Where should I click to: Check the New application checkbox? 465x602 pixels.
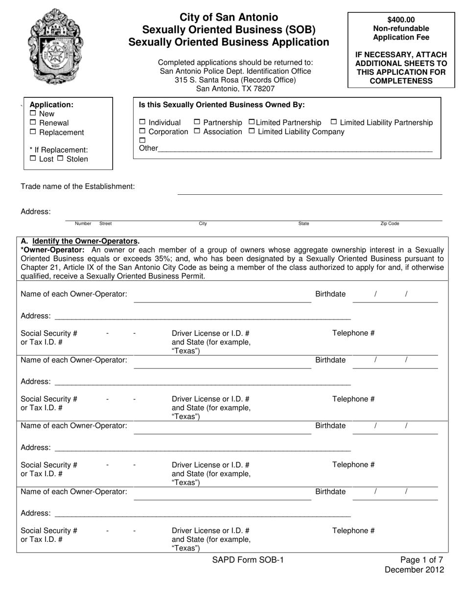(x=33, y=114)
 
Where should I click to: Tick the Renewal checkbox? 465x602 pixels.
(x=33, y=123)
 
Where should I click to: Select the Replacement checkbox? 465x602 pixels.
(x=33, y=132)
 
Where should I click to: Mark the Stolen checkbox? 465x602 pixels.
(x=60, y=159)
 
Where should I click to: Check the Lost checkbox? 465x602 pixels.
(x=33, y=159)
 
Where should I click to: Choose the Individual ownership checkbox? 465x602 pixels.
(x=142, y=122)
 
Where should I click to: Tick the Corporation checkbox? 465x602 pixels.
(x=142, y=132)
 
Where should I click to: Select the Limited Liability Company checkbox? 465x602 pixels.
(x=252, y=132)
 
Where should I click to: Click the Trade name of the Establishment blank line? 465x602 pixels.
(x=309, y=190)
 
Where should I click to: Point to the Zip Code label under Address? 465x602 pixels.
(x=390, y=224)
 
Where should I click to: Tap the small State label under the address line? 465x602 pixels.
(x=303, y=224)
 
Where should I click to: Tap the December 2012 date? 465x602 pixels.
(x=414, y=570)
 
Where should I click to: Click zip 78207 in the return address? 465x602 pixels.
(x=264, y=89)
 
